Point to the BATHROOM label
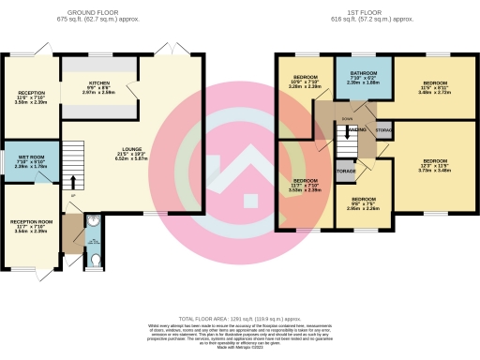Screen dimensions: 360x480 pyautogui.click(x=364, y=72)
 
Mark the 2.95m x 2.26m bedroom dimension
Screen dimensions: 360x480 pyautogui.click(x=364, y=209)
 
